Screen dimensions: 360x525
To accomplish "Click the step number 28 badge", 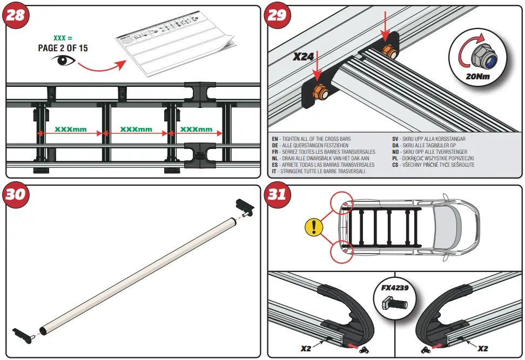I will [x=16, y=15].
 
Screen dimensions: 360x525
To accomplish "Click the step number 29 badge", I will [x=278, y=15].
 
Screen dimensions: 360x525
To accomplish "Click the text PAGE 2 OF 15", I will [x=63, y=48].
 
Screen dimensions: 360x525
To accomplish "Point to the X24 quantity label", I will [x=304, y=56].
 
